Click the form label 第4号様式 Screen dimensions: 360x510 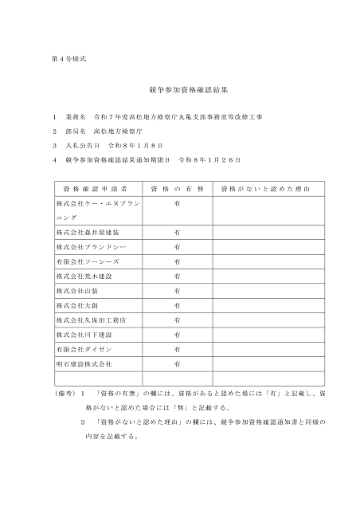[63, 61]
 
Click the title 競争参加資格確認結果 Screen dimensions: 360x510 [179, 92]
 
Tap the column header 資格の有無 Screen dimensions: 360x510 [177, 189]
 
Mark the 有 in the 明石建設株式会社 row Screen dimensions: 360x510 [177, 363]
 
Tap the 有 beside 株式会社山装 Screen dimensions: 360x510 [177, 290]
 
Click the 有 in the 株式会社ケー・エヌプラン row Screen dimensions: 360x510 [177, 203]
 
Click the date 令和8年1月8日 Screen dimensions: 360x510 [140, 145]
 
